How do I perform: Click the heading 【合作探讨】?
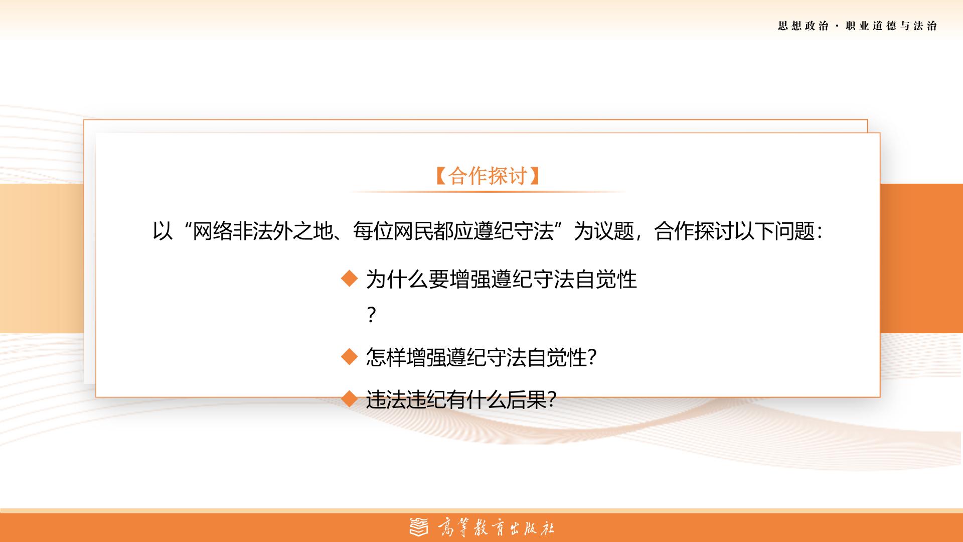488,176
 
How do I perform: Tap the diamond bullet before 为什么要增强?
349,279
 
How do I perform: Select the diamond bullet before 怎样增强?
349,357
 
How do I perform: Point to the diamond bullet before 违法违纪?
349,399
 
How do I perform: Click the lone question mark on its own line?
371,315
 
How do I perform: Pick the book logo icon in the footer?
419,527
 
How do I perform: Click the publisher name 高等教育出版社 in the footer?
496,527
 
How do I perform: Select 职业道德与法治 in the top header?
891,26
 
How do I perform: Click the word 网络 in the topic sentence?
213,232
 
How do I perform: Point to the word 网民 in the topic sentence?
413,232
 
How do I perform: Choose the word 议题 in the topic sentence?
614,232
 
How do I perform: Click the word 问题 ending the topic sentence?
795,232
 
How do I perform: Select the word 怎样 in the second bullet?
386,358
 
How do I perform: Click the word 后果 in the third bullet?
527,400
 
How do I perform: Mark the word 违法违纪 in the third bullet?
406,400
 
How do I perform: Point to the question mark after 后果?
551,400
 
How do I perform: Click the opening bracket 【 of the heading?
441,176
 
